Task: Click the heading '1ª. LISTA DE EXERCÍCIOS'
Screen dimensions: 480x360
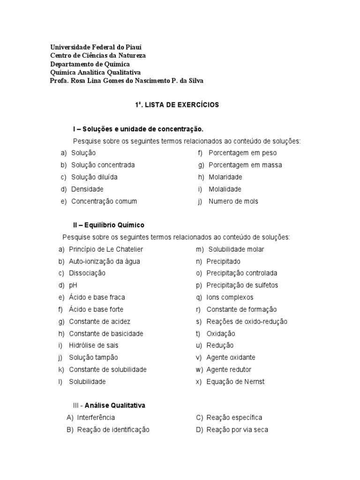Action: click(177, 105)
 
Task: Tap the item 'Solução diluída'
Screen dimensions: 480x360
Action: click(94, 177)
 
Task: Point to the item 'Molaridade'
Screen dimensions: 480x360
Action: click(225, 177)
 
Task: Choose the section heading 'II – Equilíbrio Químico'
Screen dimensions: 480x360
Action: click(108, 225)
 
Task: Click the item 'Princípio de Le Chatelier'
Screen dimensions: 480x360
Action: click(106, 249)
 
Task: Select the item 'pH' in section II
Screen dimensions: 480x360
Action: click(73, 285)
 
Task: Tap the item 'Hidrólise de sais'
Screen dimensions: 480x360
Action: click(94, 345)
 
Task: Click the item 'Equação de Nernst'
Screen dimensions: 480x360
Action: click(235, 382)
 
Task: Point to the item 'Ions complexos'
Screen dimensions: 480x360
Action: click(230, 297)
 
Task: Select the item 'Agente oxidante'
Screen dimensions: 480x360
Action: click(231, 358)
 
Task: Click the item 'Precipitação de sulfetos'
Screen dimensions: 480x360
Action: click(242, 285)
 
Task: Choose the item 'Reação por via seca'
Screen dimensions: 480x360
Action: click(237, 430)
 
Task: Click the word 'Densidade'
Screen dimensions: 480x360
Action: click(87, 189)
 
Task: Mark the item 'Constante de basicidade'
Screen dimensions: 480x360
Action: click(106, 334)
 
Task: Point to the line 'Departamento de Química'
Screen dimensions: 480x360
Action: click(90, 64)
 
